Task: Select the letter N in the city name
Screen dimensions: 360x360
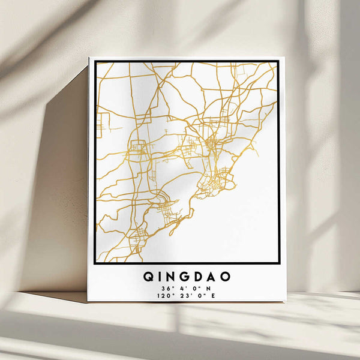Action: pyautogui.click(x=174, y=277)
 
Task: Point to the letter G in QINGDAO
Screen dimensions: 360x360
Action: pyautogui.click(x=188, y=277)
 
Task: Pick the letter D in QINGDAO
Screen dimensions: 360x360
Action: pyautogui.click(x=201, y=277)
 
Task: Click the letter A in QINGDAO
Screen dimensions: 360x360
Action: pyautogui.click(x=214, y=277)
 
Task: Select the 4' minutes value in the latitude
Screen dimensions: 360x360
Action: pyautogui.click(x=179, y=287)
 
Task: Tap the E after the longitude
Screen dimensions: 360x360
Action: pyautogui.click(x=212, y=295)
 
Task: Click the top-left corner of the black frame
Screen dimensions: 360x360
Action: pyautogui.click(x=95, y=62)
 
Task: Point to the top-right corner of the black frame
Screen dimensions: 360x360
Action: pyautogui.click(x=278, y=61)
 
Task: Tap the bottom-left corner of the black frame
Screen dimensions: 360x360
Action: pyautogui.click(x=95, y=263)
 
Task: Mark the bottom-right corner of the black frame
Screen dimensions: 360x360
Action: pyautogui.click(x=279, y=263)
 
